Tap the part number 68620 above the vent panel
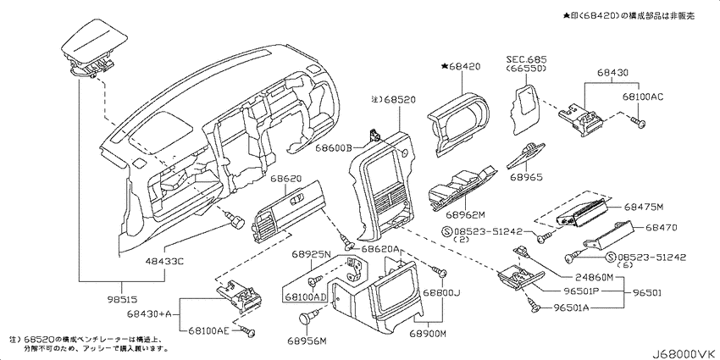(286, 180)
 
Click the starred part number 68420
(461, 65)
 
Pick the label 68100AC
(644, 98)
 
